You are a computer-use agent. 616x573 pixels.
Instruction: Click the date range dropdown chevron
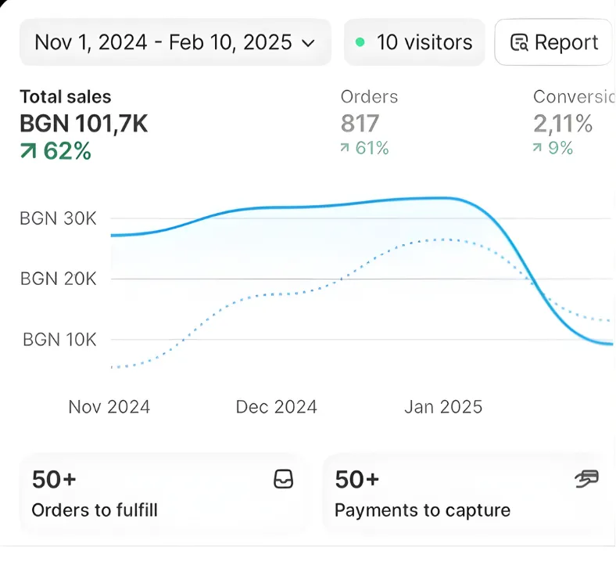(308, 42)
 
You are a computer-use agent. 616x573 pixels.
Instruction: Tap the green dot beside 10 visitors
(360, 42)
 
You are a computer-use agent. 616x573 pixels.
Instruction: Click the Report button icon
(519, 42)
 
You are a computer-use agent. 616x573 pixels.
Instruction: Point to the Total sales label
(66, 97)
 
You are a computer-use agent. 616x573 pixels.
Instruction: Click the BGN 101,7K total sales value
(84, 124)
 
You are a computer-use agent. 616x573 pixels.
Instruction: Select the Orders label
(369, 97)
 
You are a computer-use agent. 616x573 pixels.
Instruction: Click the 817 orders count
(360, 124)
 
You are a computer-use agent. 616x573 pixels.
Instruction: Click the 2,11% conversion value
(563, 124)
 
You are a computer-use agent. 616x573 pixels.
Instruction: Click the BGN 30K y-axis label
(58, 218)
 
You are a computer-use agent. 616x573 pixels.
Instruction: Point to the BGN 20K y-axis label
(58, 279)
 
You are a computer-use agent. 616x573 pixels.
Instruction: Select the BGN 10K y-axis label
(59, 340)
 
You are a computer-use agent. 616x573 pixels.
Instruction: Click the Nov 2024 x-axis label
(109, 407)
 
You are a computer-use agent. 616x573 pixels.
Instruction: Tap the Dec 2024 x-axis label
(277, 407)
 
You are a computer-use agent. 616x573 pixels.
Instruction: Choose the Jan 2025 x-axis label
(443, 407)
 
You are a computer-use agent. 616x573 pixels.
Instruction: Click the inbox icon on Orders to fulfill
(284, 480)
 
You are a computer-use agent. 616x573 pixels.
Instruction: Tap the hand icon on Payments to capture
(586, 479)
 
